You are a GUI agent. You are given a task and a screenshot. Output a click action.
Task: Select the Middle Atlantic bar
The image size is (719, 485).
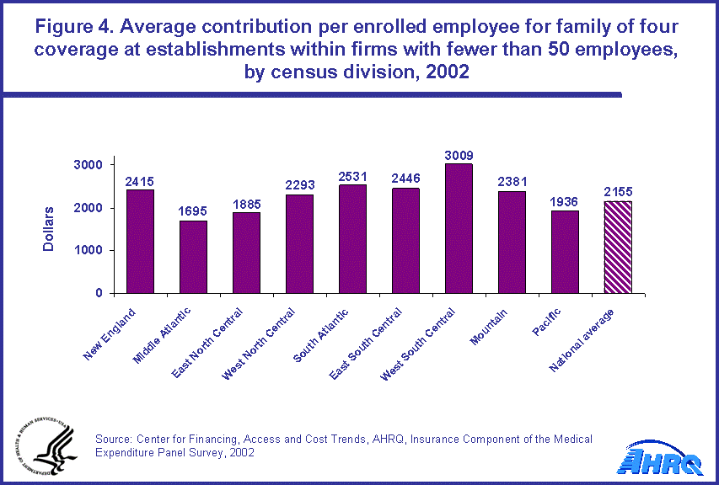[x=193, y=257]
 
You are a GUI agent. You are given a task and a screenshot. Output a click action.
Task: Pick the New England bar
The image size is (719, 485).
[x=140, y=241]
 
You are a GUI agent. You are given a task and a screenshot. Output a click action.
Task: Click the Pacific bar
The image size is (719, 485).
[x=565, y=252]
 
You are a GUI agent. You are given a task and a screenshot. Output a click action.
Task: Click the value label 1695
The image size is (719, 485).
[x=193, y=211]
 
